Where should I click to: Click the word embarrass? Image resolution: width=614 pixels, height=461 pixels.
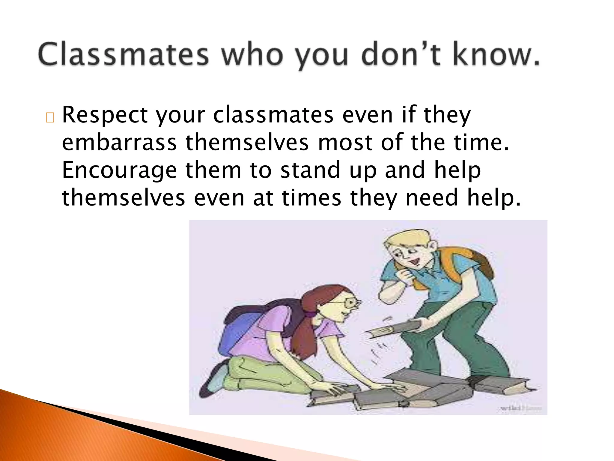[x=119, y=143]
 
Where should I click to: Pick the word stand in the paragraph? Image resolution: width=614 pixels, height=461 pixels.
[x=310, y=170]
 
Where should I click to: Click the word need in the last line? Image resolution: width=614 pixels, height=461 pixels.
[x=432, y=198]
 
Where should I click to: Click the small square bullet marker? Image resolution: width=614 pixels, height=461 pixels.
[x=50, y=118]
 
